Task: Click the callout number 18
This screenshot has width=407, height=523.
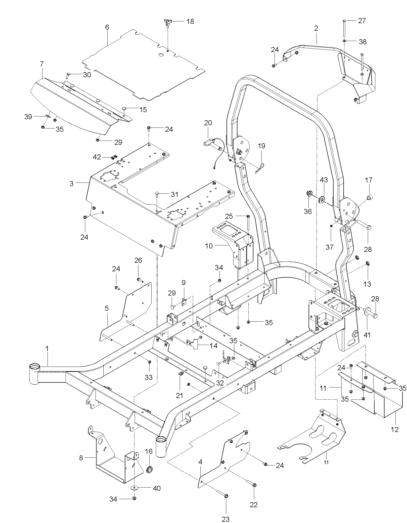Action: (190, 21)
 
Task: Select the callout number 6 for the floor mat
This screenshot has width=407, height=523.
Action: (107, 27)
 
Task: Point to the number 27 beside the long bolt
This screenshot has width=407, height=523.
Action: (362, 21)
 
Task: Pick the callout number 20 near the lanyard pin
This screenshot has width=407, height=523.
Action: (208, 123)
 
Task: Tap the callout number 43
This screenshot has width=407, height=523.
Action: (324, 180)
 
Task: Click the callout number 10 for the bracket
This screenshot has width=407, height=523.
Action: (209, 246)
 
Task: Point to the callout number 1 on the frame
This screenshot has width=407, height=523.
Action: (47, 349)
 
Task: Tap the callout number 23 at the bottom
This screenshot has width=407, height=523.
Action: (226, 519)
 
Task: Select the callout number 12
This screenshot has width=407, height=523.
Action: (395, 429)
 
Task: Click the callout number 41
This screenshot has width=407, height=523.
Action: (367, 335)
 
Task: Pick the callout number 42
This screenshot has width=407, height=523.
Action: (97, 157)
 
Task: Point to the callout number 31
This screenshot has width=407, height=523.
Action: (174, 194)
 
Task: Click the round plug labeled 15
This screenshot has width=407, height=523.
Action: (124, 108)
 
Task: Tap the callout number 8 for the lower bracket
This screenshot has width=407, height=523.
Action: (81, 458)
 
